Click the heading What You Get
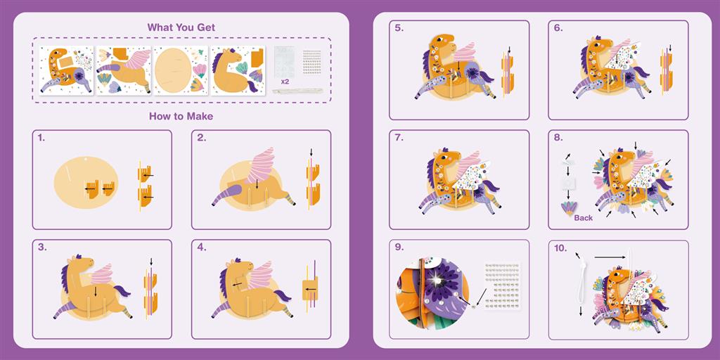coord(181,27)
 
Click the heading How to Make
coord(181,116)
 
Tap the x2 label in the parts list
coord(285,82)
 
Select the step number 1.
coord(41,138)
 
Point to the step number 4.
coord(201,247)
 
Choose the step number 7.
coord(399,138)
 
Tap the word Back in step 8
coord(583,218)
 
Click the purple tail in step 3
coord(121,291)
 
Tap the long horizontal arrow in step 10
coord(610,257)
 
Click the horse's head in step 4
coord(239,267)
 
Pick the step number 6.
coord(558,28)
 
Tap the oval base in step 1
coord(86,182)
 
